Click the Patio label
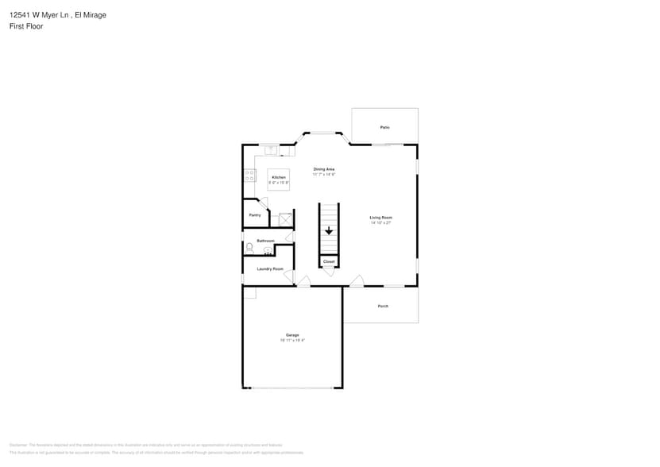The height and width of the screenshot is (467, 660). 384,127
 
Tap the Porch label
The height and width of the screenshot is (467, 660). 383,306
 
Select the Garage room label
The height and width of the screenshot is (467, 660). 292,335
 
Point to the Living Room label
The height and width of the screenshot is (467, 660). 381,217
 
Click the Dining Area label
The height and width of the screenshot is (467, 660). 324,168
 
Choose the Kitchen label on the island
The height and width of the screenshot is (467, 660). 278,177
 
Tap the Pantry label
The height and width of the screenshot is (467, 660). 255,214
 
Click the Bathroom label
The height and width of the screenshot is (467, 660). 265,241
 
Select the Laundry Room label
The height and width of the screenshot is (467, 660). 270,268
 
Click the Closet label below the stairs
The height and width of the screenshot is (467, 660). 329,261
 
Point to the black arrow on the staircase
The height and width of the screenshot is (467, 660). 329,231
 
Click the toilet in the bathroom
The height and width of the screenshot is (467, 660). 249,249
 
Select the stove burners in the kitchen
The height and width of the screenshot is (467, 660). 250,176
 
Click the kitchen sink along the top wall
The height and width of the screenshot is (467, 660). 271,149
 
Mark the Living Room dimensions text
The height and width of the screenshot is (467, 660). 381,223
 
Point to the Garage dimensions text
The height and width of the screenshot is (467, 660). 292,341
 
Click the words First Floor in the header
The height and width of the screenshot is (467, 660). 26,26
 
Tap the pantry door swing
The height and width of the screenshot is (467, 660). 262,203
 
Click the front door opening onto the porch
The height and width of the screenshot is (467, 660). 357,281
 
